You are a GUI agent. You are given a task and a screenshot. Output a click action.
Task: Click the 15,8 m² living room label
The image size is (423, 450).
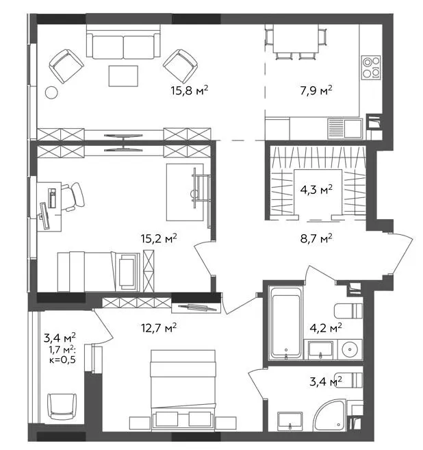tap(190, 90)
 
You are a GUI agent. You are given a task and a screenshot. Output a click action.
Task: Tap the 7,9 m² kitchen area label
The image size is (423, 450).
tap(316, 90)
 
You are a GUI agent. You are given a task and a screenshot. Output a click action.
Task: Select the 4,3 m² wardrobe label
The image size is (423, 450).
tap(316, 190)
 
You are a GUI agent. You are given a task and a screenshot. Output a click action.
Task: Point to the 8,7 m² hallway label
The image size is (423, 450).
tap(316, 238)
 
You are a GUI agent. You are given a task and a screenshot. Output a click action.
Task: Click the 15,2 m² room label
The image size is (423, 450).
tap(159, 238)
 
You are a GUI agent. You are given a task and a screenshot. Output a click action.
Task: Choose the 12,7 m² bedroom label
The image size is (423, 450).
tap(159, 327)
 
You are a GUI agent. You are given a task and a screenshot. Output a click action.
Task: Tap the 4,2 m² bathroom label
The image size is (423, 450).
tap(326, 327)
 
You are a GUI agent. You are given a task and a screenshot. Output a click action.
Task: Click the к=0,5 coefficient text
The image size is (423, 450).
tap(62, 360)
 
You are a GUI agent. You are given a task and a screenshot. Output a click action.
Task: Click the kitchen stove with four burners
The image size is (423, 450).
tap(371, 67)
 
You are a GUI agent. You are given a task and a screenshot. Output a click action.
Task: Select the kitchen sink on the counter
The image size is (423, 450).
tap(345, 129)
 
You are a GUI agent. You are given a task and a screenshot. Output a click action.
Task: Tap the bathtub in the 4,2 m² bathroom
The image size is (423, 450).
tap(285, 322)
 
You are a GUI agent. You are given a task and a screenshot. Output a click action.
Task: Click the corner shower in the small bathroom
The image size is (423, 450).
tap(329, 415)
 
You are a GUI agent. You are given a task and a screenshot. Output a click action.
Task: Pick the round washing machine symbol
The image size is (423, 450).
tap(350, 349)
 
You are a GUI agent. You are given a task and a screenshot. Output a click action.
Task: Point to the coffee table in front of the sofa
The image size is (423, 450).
tap(123, 76)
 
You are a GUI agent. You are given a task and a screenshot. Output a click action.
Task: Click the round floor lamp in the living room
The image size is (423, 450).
tap(52, 92)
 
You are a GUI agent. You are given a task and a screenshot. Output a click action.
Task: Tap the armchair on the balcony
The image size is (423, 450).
tap(62, 406)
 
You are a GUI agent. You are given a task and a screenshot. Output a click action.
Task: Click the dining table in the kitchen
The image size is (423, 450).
tap(296, 38)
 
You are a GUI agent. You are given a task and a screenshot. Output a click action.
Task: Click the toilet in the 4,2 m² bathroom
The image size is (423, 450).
tap(348, 311)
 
